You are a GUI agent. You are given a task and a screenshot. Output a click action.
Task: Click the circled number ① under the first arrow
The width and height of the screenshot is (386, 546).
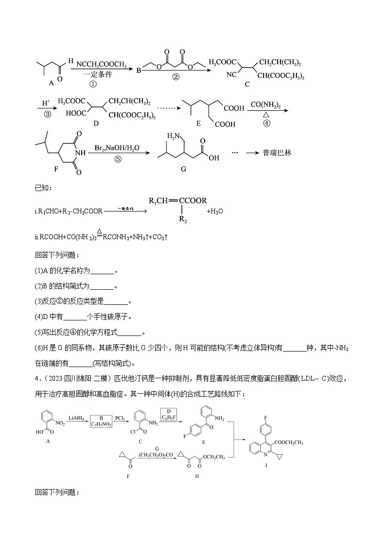coord(93,84)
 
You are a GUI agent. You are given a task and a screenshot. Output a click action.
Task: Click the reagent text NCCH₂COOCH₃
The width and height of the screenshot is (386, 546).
coord(102,64)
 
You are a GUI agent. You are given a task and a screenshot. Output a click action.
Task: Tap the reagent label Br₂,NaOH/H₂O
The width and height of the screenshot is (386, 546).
coord(118,147)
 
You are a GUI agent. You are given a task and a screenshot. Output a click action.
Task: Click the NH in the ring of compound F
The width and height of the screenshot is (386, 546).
coord(81,152)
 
